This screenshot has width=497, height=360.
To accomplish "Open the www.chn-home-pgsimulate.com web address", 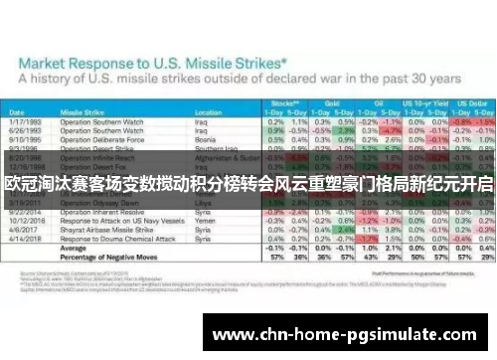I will click(x=350, y=333).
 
